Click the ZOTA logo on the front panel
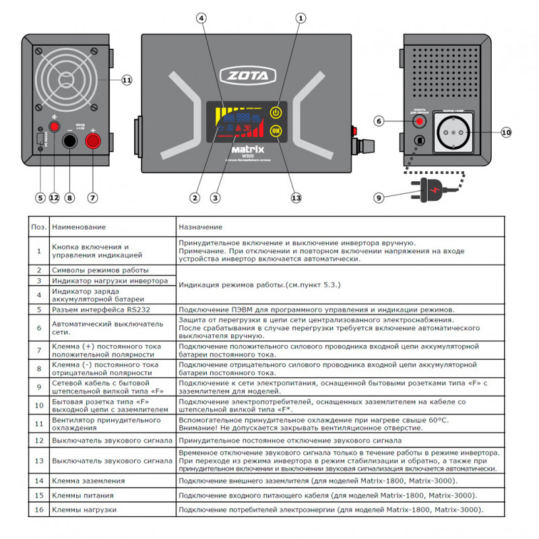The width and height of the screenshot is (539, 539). click(247, 73)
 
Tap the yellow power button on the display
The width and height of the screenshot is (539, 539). click(276, 113)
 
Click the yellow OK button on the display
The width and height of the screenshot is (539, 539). click(276, 131)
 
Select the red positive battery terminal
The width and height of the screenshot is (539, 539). click(92, 141)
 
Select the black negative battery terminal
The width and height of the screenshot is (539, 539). click(69, 141)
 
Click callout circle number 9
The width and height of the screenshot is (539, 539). click(379, 198)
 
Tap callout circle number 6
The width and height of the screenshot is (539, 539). click(379, 121)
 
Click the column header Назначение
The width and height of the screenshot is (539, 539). click(201, 228)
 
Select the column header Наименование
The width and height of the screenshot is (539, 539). click(79, 228)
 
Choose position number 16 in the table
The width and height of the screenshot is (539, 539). click(39, 510)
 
